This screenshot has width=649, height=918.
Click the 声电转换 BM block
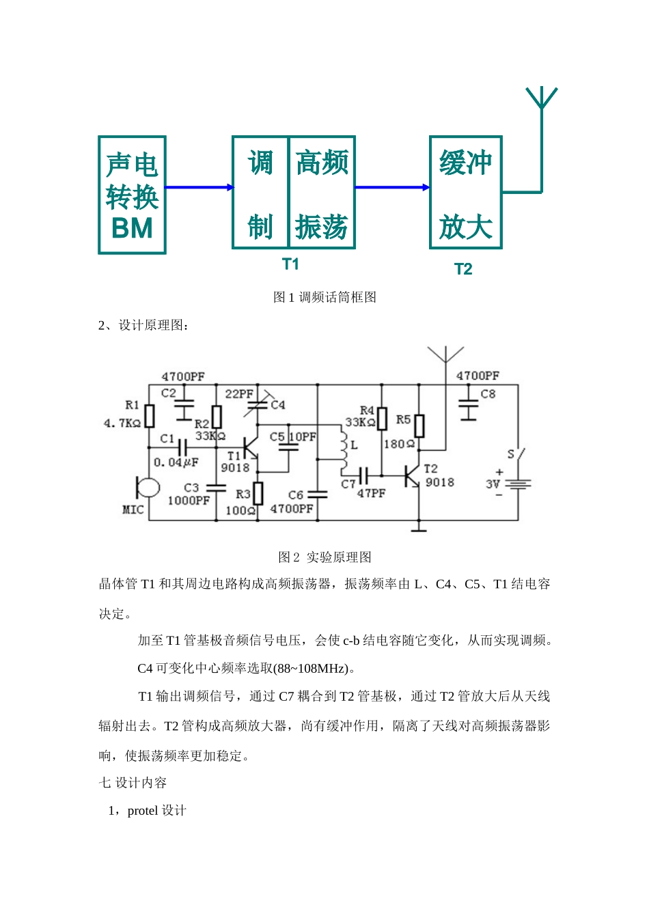pyautogui.click(x=132, y=195)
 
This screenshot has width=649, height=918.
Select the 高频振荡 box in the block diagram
pyautogui.click(x=322, y=193)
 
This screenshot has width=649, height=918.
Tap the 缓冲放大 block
pyautogui.click(x=465, y=193)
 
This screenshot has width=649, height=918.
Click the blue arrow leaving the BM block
pyautogui.click(x=199, y=187)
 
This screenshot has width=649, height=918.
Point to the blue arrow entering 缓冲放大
pyautogui.click(x=392, y=187)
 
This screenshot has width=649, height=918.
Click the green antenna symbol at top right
pyautogui.click(x=541, y=100)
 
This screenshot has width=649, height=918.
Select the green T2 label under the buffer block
pyautogui.click(x=463, y=269)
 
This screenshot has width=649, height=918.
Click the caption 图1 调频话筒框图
pyautogui.click(x=324, y=297)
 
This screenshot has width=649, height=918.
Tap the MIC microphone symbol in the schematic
pyautogui.click(x=147, y=488)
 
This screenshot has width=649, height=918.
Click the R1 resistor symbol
pyautogui.click(x=150, y=415)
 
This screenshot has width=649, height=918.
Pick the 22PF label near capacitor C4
pyautogui.click(x=238, y=394)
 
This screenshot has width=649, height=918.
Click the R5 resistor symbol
pyautogui.click(x=419, y=426)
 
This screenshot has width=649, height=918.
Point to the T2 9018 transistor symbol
pyautogui.click(x=413, y=476)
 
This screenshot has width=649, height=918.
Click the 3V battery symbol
pyautogui.click(x=519, y=484)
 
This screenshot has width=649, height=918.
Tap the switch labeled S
pyautogui.click(x=519, y=454)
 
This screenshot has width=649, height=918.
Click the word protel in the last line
pyautogui.click(x=142, y=811)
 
